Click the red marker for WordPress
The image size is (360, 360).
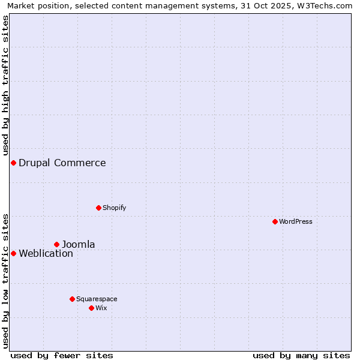(275, 221)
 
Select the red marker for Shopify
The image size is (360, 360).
(98, 208)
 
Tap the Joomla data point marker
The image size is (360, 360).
(57, 244)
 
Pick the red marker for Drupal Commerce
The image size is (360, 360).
(13, 163)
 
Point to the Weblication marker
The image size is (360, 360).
(13, 253)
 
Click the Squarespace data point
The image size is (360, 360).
(72, 299)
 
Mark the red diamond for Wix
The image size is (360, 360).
(91, 308)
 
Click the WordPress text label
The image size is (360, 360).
(296, 221)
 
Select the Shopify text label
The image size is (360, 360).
(114, 208)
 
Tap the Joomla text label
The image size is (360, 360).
(79, 244)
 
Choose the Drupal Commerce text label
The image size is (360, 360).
(62, 163)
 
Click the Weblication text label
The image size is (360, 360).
(46, 253)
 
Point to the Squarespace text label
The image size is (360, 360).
(97, 299)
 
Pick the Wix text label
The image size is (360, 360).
(101, 308)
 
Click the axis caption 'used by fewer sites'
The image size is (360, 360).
(62, 355)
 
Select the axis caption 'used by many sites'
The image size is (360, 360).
(301, 355)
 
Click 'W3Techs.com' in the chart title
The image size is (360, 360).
(327, 5)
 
